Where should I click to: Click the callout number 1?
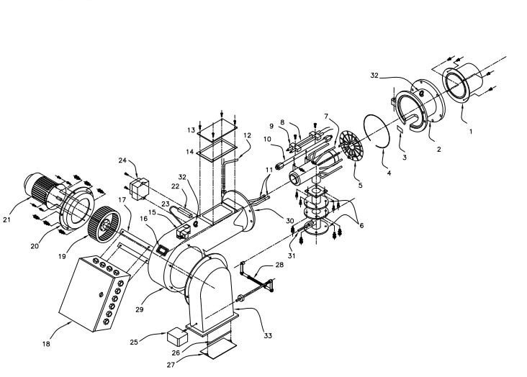tap(471, 132)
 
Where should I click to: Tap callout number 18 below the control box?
tap(46, 344)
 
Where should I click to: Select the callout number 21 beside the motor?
tap(7, 219)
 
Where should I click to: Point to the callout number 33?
tap(268, 335)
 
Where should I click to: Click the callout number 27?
tap(171, 365)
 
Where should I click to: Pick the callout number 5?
tap(360, 185)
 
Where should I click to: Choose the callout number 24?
tap(122, 160)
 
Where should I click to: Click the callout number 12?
tap(247, 135)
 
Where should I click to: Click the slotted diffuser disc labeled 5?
tap(351, 146)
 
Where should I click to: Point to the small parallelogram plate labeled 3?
tap(401, 130)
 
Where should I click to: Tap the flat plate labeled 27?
tap(218, 349)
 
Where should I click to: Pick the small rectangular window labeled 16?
tap(163, 250)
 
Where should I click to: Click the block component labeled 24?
tap(139, 188)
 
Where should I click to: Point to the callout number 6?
tap(361, 225)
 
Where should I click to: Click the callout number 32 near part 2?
tap(374, 76)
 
